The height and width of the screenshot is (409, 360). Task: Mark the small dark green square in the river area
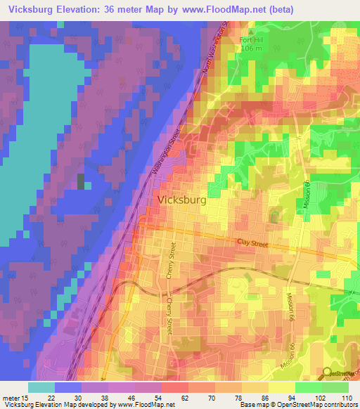(81, 181)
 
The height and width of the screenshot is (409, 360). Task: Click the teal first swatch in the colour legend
(41, 387)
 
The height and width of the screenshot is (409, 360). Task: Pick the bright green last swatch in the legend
(335, 387)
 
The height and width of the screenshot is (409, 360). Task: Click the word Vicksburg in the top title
(34, 10)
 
